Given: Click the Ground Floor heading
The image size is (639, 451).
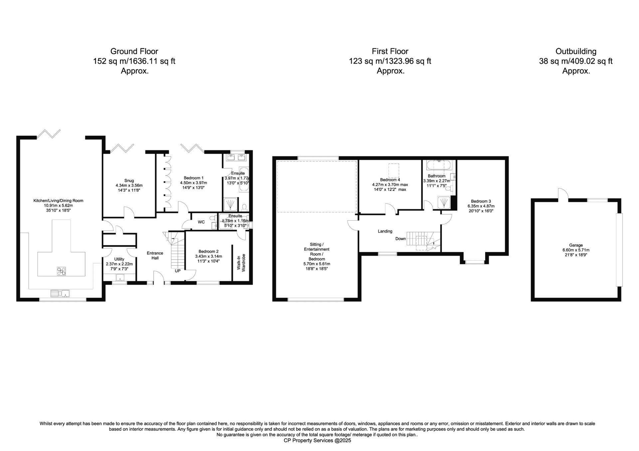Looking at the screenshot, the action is click(x=134, y=52).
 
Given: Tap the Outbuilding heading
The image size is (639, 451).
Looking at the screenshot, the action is click(x=576, y=52).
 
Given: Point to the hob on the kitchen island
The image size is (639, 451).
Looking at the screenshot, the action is click(x=61, y=271).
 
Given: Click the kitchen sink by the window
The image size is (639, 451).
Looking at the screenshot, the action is click(x=60, y=293).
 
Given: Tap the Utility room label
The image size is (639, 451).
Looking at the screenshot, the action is click(x=119, y=259).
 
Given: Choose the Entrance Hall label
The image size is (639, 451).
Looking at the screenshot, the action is click(x=155, y=256).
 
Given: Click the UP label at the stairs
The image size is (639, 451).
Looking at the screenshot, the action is click(x=178, y=271).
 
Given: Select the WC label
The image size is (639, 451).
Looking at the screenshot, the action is click(x=201, y=222).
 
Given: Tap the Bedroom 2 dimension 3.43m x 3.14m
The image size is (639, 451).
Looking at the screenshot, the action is click(x=209, y=256).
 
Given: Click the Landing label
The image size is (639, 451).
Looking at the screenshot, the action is click(x=385, y=231).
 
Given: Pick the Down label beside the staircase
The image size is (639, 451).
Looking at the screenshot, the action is click(x=401, y=239).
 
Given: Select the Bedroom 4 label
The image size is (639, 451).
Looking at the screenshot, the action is click(x=390, y=180).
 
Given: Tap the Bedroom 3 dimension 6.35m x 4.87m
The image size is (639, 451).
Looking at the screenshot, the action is click(x=481, y=206).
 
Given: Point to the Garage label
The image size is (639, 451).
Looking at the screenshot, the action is click(x=576, y=245).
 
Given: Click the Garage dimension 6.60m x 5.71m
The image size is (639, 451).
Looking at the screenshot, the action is click(x=576, y=250).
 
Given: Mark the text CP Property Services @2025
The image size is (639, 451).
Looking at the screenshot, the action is click(x=317, y=440).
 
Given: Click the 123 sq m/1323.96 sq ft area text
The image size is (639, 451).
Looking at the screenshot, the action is click(x=390, y=61).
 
